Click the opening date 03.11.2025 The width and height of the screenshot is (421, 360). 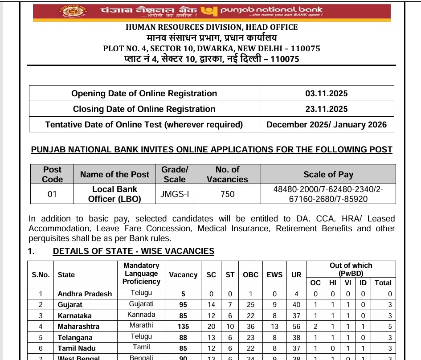(326, 94)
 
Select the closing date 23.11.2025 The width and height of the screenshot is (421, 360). (326, 109)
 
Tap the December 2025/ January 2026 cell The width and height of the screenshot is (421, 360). (326, 125)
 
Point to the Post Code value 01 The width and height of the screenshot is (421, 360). (52, 194)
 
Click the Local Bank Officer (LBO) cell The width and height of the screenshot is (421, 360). (114, 194)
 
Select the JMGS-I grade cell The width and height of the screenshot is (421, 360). (175, 194)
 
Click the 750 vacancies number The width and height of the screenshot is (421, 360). (228, 194)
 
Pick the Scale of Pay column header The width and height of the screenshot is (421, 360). (328, 174)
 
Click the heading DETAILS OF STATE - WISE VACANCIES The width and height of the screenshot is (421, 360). (133, 251)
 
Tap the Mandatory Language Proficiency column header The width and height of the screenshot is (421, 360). (141, 274)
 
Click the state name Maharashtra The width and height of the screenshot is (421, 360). (78, 326)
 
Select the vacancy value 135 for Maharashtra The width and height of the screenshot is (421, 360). (183, 326)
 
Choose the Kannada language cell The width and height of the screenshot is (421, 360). (141, 315)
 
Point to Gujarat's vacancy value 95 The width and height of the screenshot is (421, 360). (183, 304)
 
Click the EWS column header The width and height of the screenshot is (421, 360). (274, 274)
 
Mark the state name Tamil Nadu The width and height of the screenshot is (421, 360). (77, 348)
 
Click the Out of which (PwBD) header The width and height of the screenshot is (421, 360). (351, 269)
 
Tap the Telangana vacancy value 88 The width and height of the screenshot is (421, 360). (183, 337)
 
